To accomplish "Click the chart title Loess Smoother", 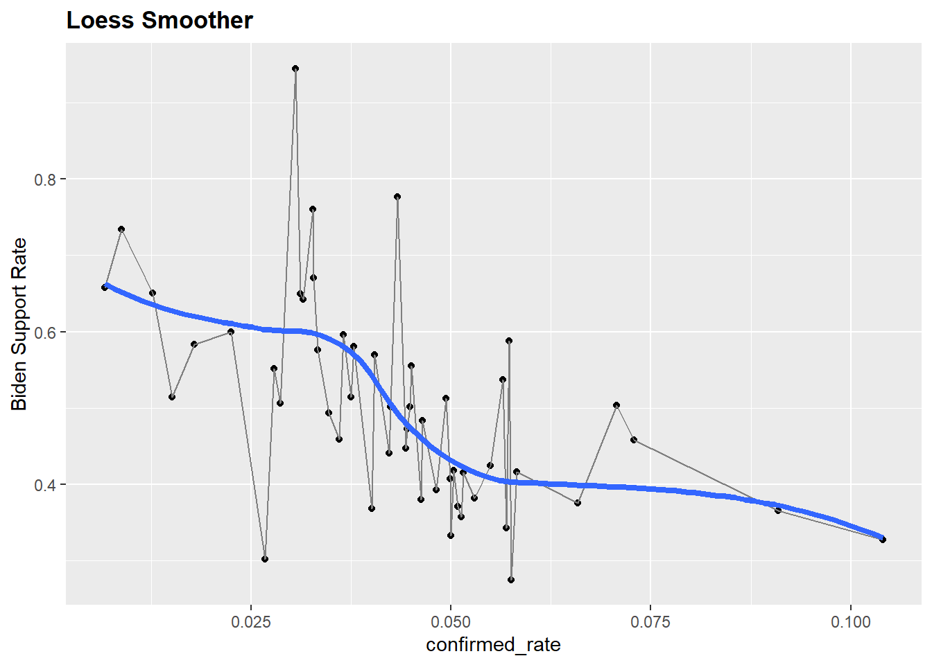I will coord(159,21).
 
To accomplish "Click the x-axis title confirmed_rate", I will coord(493,645).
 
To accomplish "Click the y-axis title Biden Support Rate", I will coord(19,324).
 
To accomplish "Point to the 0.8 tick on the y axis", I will coord(45,179).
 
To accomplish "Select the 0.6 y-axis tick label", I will coord(45,332).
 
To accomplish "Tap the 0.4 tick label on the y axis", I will coord(45,485).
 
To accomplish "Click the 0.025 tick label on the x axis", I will coord(251,621).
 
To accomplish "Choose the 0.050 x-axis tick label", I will coord(451,621).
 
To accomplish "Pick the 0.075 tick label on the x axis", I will coord(650,621).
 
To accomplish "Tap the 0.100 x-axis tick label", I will coord(850,621).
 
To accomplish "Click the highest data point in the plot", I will coord(295,69).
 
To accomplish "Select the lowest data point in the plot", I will coord(511,580).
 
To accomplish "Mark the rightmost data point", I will coord(883,539).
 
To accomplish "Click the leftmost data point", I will coord(105,287).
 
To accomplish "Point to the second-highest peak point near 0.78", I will coord(397,197).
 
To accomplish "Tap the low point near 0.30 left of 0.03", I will coord(265,559).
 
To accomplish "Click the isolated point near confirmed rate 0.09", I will coord(778,511).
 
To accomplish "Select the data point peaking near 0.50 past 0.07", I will coord(616,405).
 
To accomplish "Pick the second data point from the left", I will coord(121,229).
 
